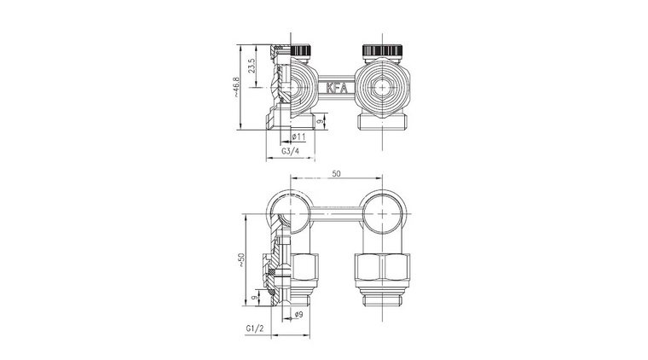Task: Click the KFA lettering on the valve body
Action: [x=337, y=88]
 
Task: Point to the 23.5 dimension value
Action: [x=252, y=66]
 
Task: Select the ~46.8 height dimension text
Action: [x=236, y=87]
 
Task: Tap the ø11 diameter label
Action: [x=298, y=136]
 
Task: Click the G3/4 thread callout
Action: [x=290, y=151]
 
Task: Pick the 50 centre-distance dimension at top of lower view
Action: [x=337, y=173]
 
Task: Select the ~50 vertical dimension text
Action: [x=241, y=259]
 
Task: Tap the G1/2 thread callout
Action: [x=255, y=328]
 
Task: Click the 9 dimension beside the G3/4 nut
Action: [x=319, y=121]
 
